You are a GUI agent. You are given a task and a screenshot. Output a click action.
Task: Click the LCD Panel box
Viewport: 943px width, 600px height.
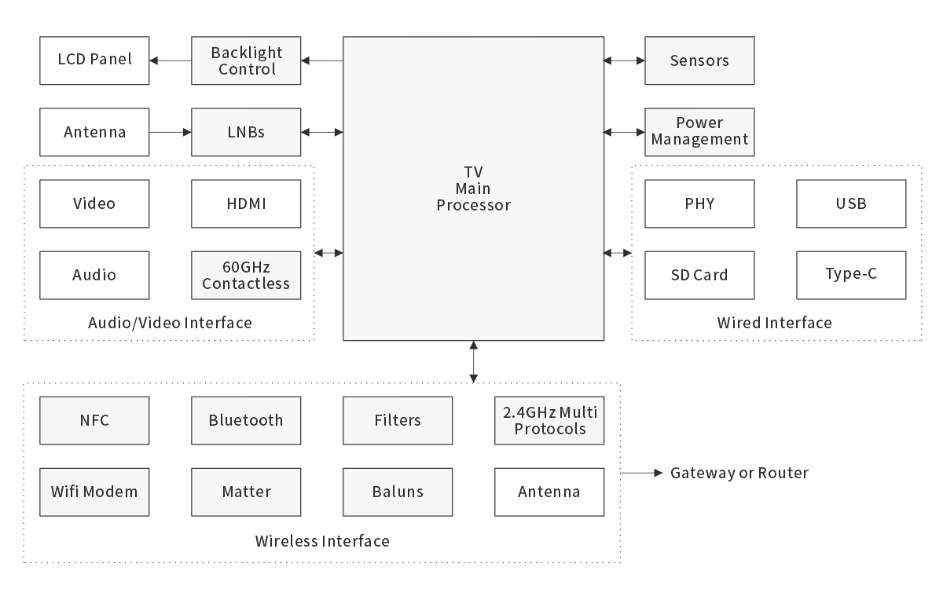(x=94, y=60)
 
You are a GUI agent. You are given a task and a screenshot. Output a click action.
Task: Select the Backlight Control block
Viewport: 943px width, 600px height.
(x=246, y=60)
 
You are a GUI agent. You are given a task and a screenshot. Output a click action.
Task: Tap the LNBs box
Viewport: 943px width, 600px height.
(x=246, y=132)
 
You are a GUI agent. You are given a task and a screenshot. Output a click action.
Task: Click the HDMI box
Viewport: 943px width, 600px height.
(x=246, y=203)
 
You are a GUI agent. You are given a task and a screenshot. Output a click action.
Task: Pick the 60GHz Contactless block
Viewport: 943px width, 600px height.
(x=246, y=275)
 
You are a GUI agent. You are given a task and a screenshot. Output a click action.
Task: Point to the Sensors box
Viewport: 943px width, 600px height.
(x=699, y=60)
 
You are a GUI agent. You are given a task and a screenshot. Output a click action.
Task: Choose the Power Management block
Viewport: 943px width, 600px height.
(x=699, y=132)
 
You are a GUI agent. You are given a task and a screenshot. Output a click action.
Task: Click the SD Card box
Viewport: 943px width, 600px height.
(x=699, y=275)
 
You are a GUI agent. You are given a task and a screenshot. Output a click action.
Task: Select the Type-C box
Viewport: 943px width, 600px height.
(x=851, y=275)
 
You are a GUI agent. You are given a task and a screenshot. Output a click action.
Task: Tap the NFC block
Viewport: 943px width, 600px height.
(x=94, y=420)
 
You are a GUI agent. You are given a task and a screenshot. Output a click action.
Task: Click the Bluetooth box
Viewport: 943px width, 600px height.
(x=246, y=420)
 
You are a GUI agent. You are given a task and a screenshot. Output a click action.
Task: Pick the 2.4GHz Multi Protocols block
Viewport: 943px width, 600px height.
(x=549, y=420)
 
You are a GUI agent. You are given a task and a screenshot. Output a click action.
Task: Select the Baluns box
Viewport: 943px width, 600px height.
(x=398, y=492)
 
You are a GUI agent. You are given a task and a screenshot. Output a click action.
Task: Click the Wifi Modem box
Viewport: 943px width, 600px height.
(x=94, y=492)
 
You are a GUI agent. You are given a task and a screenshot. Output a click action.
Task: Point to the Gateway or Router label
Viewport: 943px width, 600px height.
(x=739, y=473)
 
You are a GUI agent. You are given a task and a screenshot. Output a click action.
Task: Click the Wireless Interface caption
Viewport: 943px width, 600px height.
(x=322, y=541)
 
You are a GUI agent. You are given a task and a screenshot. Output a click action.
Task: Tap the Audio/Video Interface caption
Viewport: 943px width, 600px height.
(x=170, y=323)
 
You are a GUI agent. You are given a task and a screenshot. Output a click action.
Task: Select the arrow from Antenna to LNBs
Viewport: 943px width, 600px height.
(x=170, y=132)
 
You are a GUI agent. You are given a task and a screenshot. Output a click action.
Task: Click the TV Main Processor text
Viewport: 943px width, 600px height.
(x=473, y=188)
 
